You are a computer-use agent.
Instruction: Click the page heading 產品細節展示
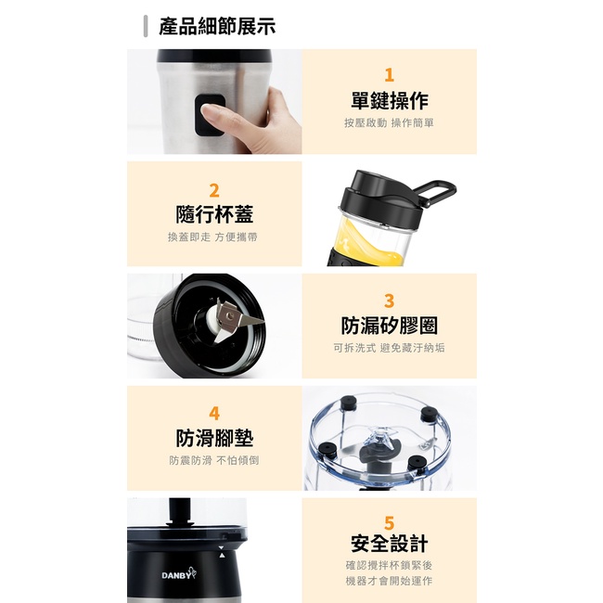[x=217, y=27]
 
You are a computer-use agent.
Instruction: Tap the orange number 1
[x=390, y=75]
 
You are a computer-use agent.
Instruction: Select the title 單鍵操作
[x=390, y=101]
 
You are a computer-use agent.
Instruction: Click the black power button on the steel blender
[x=210, y=115]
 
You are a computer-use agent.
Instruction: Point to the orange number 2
[x=214, y=191]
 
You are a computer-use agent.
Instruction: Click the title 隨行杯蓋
[x=214, y=214]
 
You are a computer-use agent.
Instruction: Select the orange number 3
[x=390, y=301]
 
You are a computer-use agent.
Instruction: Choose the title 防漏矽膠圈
[x=390, y=326]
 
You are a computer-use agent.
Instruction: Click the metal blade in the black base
[x=236, y=320]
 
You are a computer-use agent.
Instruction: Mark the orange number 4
[x=214, y=414]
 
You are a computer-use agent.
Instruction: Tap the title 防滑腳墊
[x=214, y=439]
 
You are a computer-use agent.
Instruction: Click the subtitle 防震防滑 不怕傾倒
[x=214, y=460]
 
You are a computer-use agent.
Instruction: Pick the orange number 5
[x=390, y=523]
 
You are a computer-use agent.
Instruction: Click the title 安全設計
[x=390, y=544]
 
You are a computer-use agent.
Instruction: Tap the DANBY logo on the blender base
[x=178, y=574]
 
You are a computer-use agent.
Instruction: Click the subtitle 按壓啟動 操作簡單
[x=390, y=123]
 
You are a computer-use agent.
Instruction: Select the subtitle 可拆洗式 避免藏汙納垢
[x=390, y=348]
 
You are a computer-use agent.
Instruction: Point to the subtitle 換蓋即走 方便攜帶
[x=212, y=237]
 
